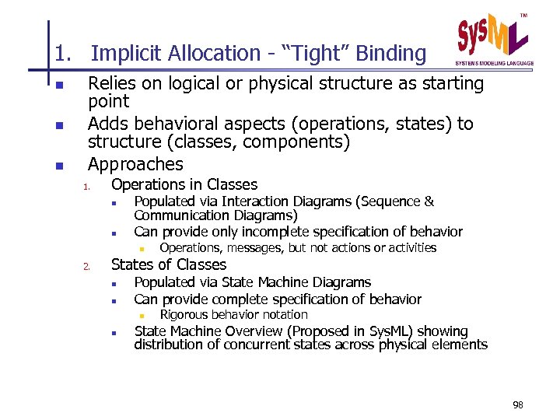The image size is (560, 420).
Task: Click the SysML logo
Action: pyautogui.click(x=493, y=37)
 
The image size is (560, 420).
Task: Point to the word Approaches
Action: pyautogui.click(x=135, y=164)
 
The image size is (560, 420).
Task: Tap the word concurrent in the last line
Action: pyautogui.click(x=252, y=345)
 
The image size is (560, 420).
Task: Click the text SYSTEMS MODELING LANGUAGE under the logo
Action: pyautogui.click(x=495, y=63)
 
